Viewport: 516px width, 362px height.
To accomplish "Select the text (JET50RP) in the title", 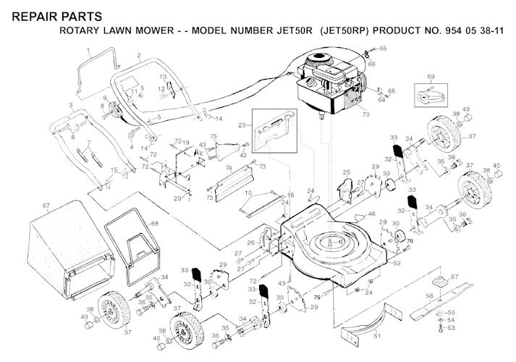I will click(x=333, y=33).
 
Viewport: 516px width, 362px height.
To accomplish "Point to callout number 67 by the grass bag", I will click(x=46, y=206).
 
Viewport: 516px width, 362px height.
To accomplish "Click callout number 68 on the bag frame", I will click(x=153, y=223).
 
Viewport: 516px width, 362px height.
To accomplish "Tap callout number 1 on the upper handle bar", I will click(x=88, y=51).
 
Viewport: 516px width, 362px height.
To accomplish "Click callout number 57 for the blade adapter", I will click(x=454, y=277).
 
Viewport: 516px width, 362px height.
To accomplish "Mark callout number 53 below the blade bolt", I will click(x=452, y=328).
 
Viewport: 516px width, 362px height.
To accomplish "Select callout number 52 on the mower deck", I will click(x=397, y=263).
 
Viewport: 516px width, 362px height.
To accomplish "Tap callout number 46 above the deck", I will click(x=372, y=214).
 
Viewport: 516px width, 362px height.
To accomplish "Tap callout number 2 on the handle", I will click(x=138, y=56).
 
